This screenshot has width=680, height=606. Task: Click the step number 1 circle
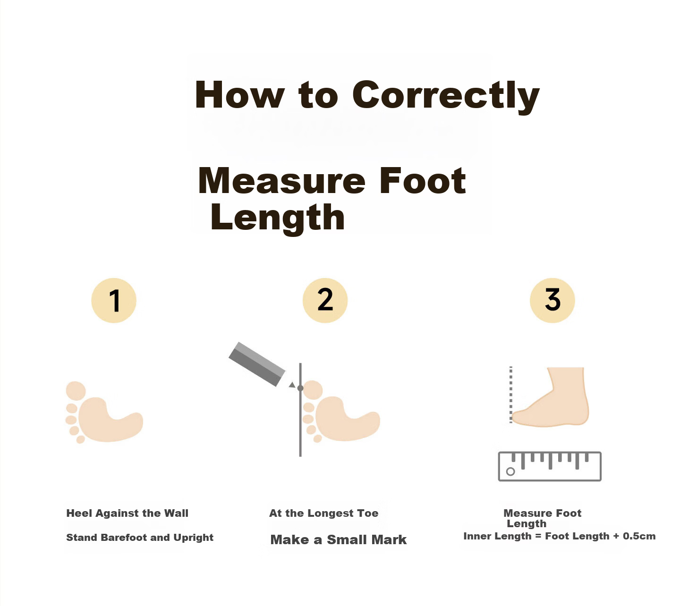point(114,300)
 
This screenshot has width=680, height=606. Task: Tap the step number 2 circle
point(325,300)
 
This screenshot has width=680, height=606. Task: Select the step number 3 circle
point(552,300)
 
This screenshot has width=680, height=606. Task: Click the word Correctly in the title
point(446,96)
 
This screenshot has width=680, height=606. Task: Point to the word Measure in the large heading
point(281,181)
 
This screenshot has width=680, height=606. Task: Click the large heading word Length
point(277,219)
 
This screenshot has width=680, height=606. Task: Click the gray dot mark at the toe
point(300,388)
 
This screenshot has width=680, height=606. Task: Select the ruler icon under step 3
point(550,466)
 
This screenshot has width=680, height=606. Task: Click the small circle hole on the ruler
point(510,471)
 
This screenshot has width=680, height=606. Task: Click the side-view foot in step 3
point(551,397)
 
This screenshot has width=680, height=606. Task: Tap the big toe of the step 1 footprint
point(76,391)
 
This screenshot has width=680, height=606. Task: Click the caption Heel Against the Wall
point(127,513)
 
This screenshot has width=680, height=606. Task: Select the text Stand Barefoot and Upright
point(140,538)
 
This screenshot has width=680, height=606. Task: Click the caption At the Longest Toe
point(323,513)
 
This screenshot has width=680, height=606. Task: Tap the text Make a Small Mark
point(338,540)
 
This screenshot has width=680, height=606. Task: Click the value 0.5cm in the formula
point(639,536)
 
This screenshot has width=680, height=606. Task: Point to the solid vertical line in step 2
point(300,410)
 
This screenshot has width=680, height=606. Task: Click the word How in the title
point(239,95)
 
